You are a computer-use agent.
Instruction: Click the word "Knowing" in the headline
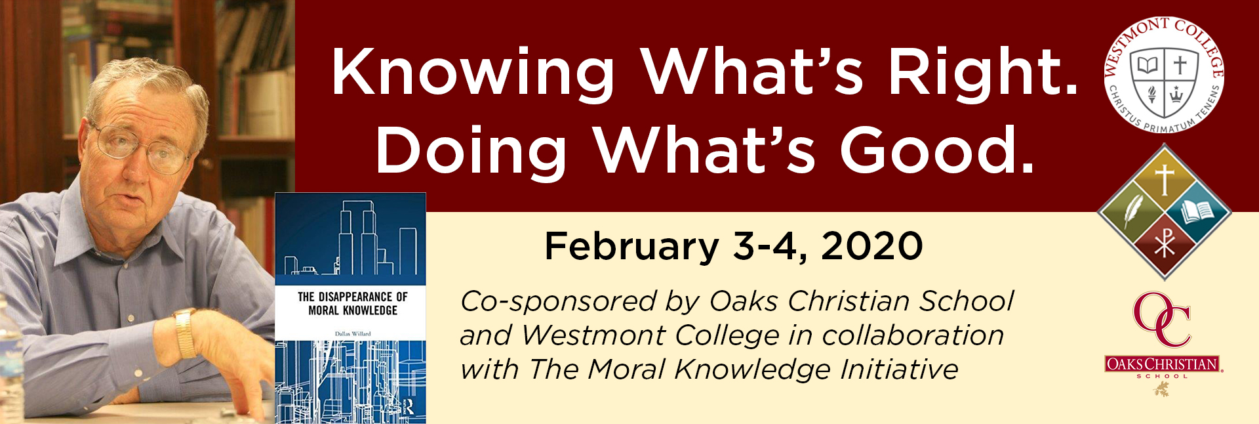(x=473, y=74)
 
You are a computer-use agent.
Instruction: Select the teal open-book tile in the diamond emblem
(x=1197, y=212)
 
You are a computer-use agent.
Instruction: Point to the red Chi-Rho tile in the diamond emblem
(x=1165, y=245)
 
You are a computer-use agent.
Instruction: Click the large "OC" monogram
(x=1163, y=320)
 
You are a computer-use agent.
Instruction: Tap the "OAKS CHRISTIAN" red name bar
(x=1163, y=364)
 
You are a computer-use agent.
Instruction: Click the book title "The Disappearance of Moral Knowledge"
(x=352, y=304)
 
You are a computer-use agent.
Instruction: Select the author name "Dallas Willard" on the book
(x=353, y=333)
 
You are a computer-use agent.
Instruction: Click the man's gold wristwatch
(x=186, y=333)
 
